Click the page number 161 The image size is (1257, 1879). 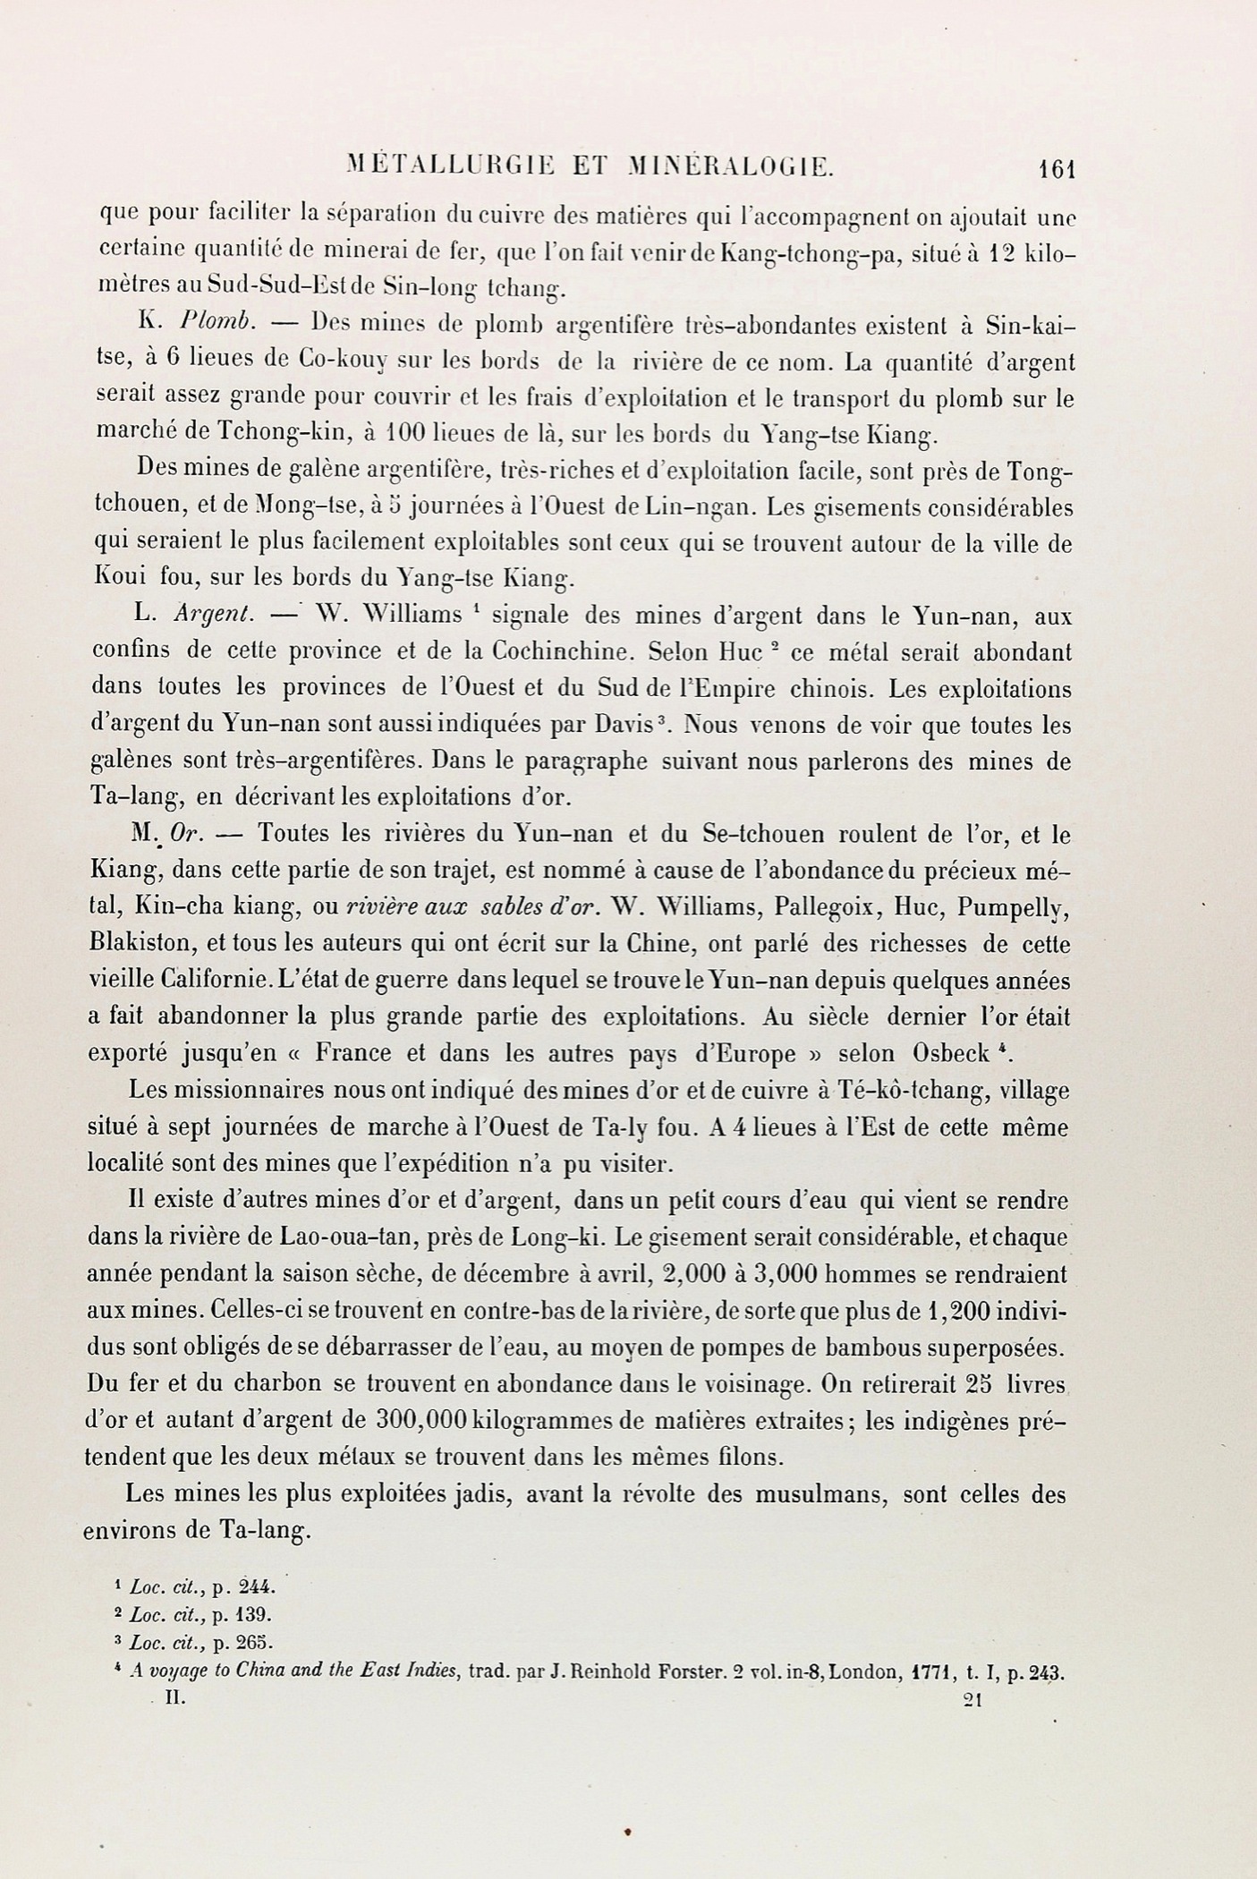click(x=1056, y=169)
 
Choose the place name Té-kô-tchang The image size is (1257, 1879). click(x=911, y=1091)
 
